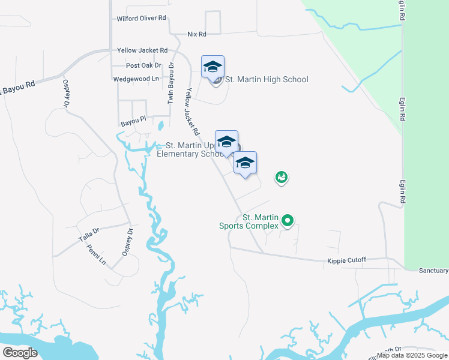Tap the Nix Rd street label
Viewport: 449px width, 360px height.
(197, 35)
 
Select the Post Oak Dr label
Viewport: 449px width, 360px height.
(144, 65)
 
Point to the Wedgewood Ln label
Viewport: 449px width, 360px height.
(136, 79)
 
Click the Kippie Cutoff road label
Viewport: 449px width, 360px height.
(346, 260)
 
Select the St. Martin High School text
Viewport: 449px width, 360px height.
(267, 80)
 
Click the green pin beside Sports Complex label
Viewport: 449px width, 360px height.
(288, 221)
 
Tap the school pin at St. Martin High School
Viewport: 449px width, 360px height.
(212, 68)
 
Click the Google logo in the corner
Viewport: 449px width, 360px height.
(20, 352)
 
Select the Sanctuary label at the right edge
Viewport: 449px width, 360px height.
(434, 271)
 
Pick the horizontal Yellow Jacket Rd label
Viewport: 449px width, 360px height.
(142, 51)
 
